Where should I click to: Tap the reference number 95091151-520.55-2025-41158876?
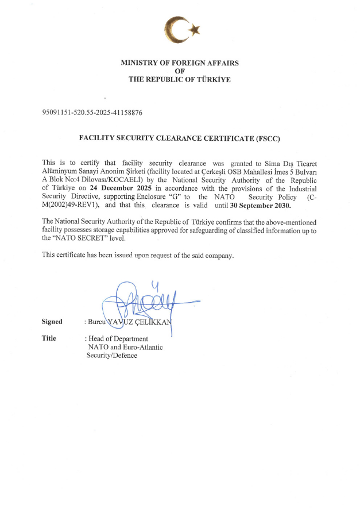92,113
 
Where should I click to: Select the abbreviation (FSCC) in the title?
269,138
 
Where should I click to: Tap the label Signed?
52,322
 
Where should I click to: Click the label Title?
49,338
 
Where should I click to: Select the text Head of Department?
118,339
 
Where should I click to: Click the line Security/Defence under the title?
112,356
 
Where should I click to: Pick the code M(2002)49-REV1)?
72,205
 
